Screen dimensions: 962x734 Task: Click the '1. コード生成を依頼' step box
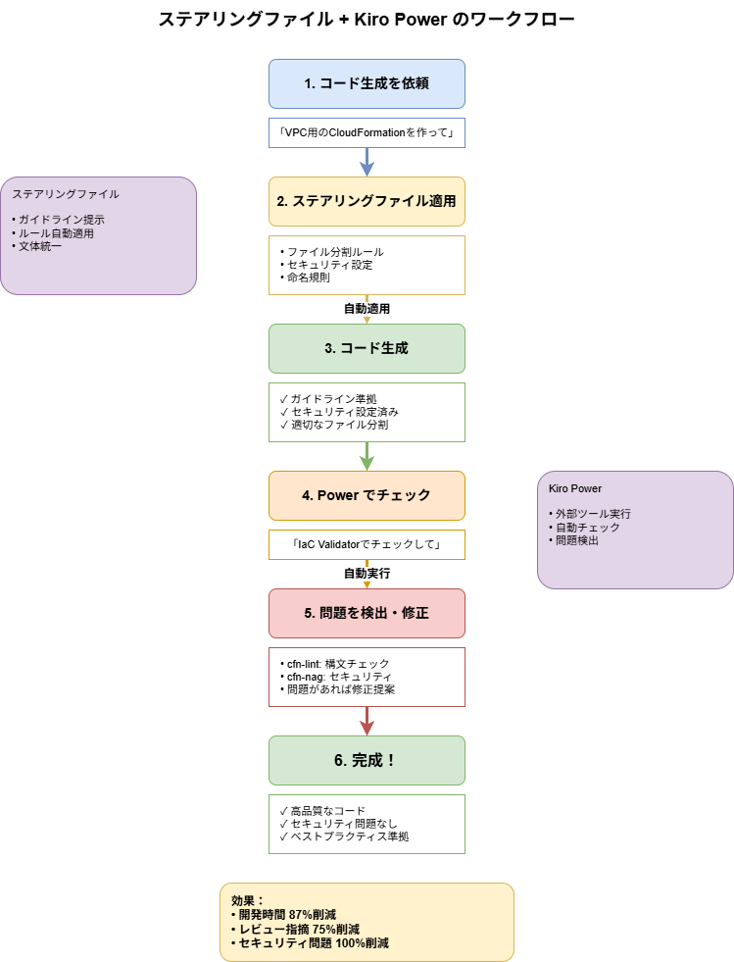[x=367, y=83]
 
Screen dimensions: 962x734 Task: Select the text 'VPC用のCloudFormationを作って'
[x=367, y=132]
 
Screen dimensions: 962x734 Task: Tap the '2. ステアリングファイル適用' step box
[x=367, y=201]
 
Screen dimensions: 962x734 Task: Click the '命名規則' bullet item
[x=309, y=278]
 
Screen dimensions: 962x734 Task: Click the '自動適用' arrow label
[x=367, y=308]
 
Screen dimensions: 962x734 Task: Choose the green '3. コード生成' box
[x=367, y=348]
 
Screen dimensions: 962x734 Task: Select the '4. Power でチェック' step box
[x=367, y=495]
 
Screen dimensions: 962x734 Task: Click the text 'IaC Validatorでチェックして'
[x=367, y=544]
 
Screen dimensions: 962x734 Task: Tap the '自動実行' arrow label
[x=367, y=573]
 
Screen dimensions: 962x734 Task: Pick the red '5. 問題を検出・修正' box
[x=367, y=613]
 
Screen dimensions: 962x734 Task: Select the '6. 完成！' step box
[x=367, y=760]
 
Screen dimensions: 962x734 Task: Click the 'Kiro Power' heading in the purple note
[x=576, y=488]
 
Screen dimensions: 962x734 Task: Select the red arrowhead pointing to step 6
[x=367, y=727]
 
